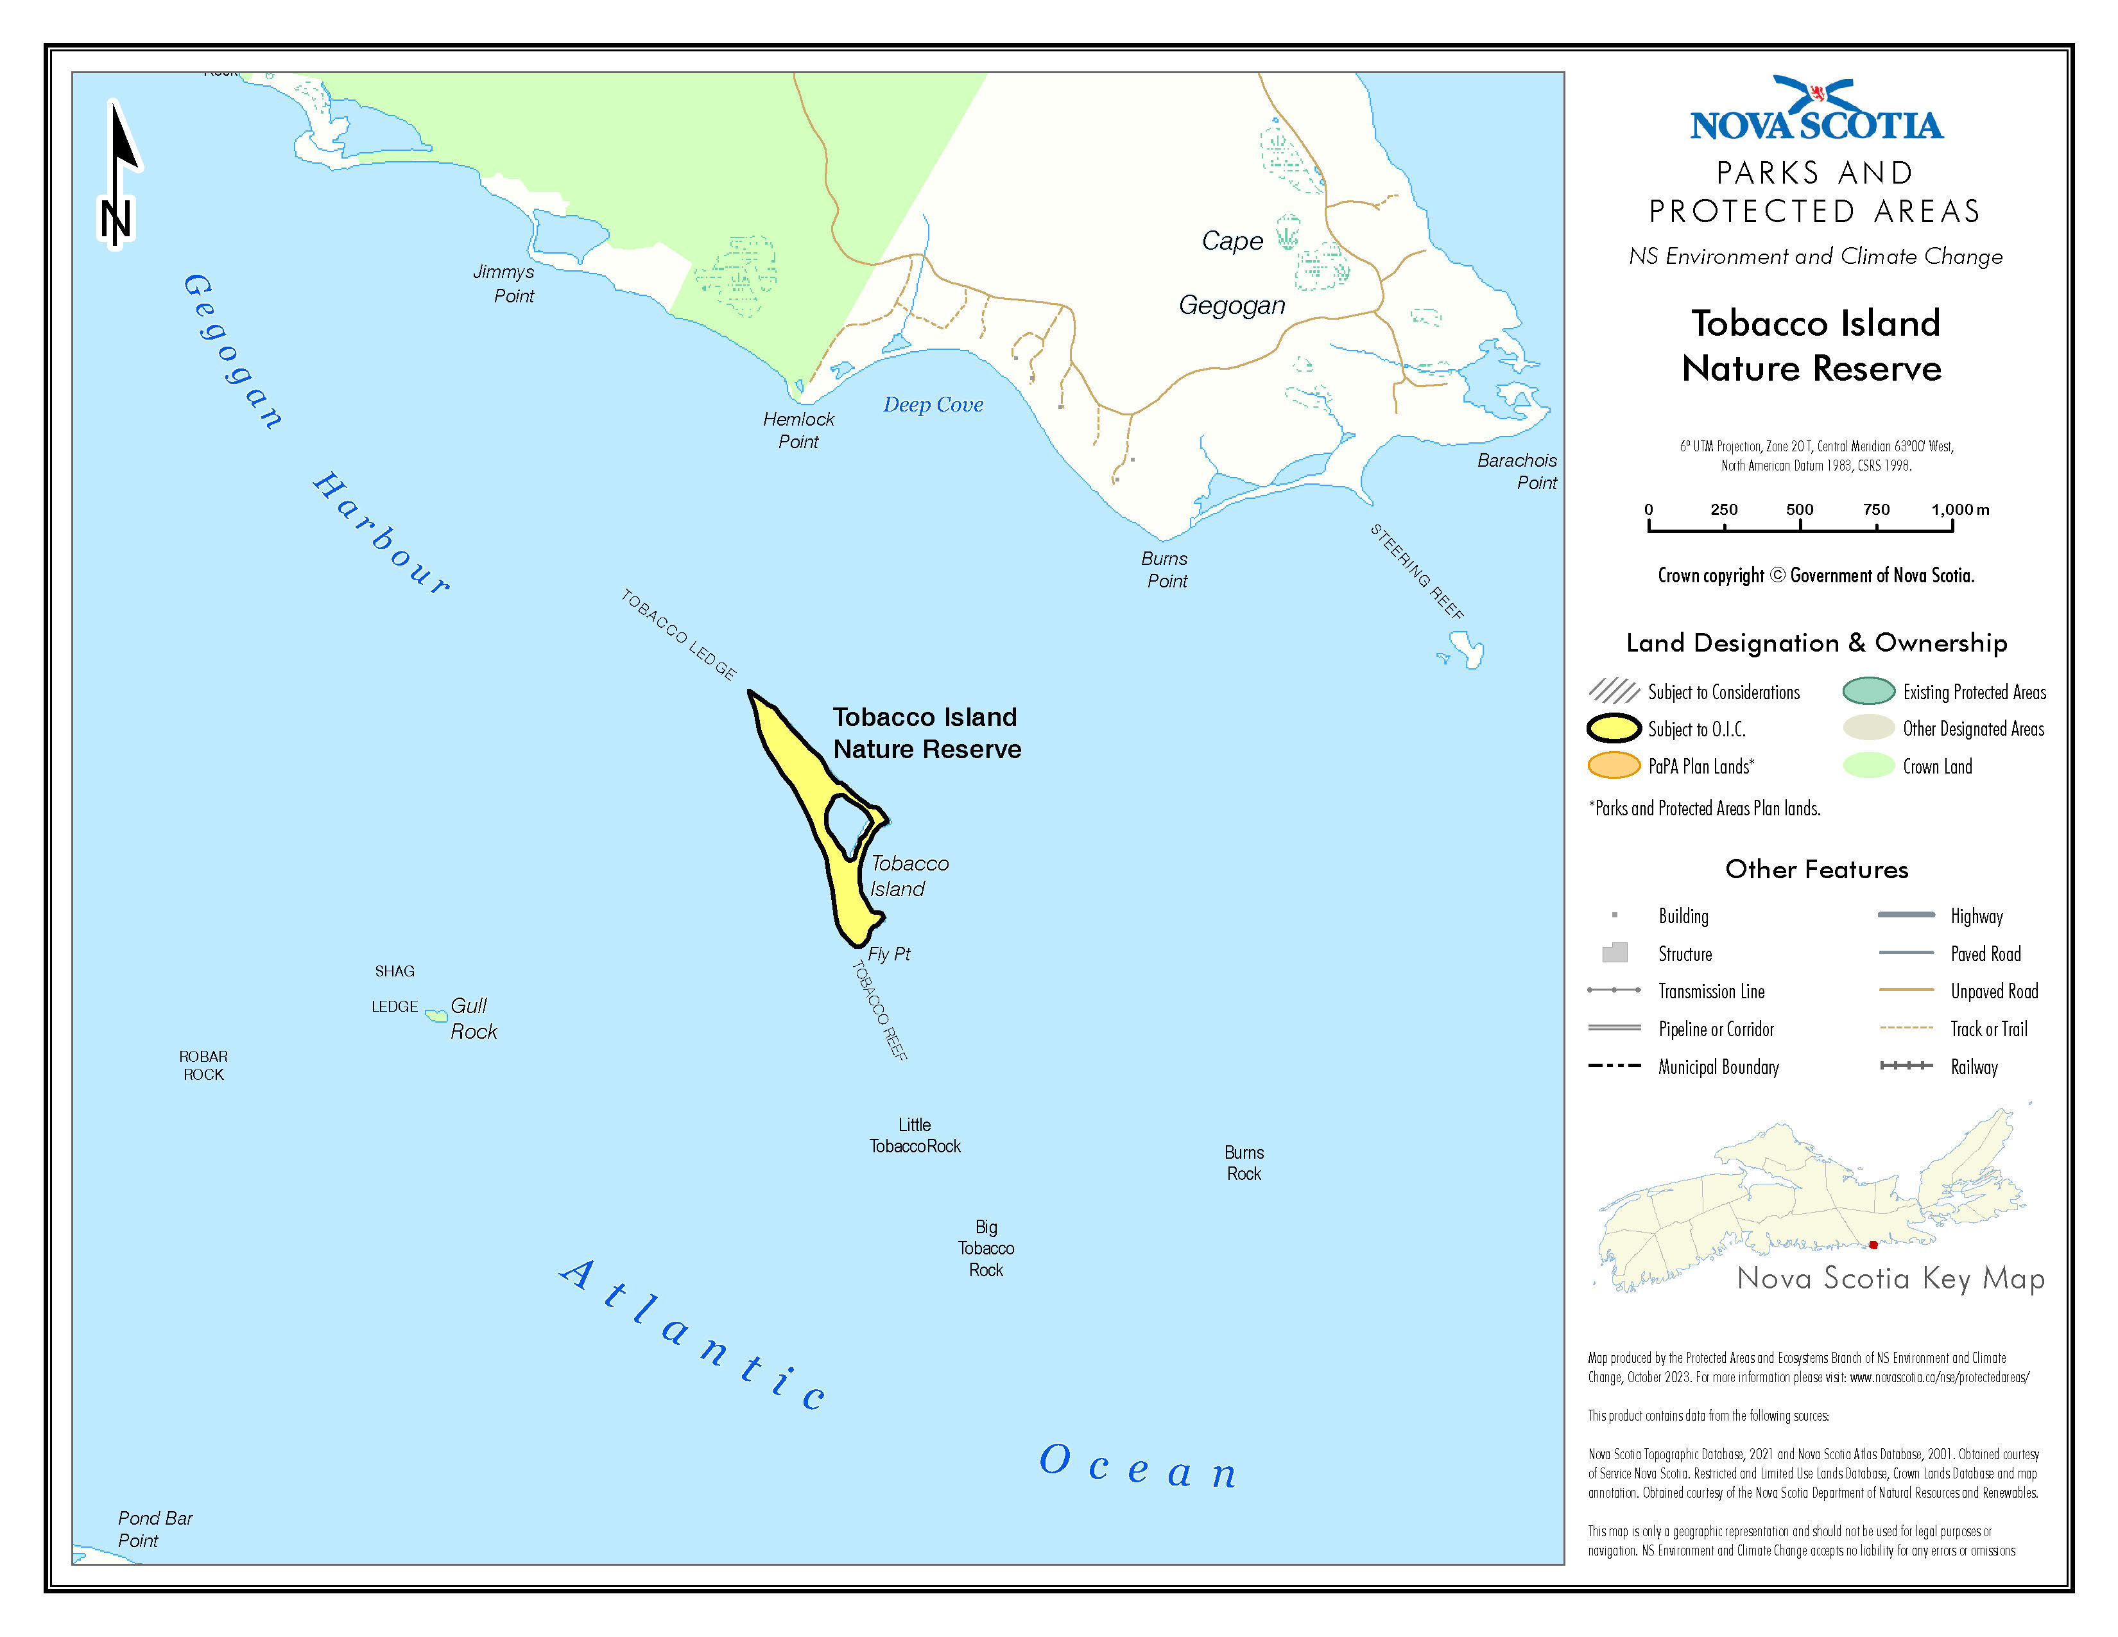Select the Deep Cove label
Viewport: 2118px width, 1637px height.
click(x=933, y=405)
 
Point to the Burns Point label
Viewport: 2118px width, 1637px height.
click(x=1166, y=570)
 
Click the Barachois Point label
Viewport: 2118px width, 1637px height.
click(x=1518, y=471)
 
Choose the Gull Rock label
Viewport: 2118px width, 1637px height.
click(x=473, y=1018)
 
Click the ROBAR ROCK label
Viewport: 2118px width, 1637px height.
click(x=203, y=1065)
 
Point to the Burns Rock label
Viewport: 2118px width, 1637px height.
click(x=1244, y=1163)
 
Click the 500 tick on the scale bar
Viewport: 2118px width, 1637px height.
click(x=1800, y=524)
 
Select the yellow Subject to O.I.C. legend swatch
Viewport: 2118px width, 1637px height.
click(x=1614, y=729)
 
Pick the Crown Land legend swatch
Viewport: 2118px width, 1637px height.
click(x=1868, y=766)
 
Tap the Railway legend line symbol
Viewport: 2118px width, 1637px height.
click(x=1906, y=1066)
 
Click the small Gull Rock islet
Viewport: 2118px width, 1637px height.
click(x=436, y=1016)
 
